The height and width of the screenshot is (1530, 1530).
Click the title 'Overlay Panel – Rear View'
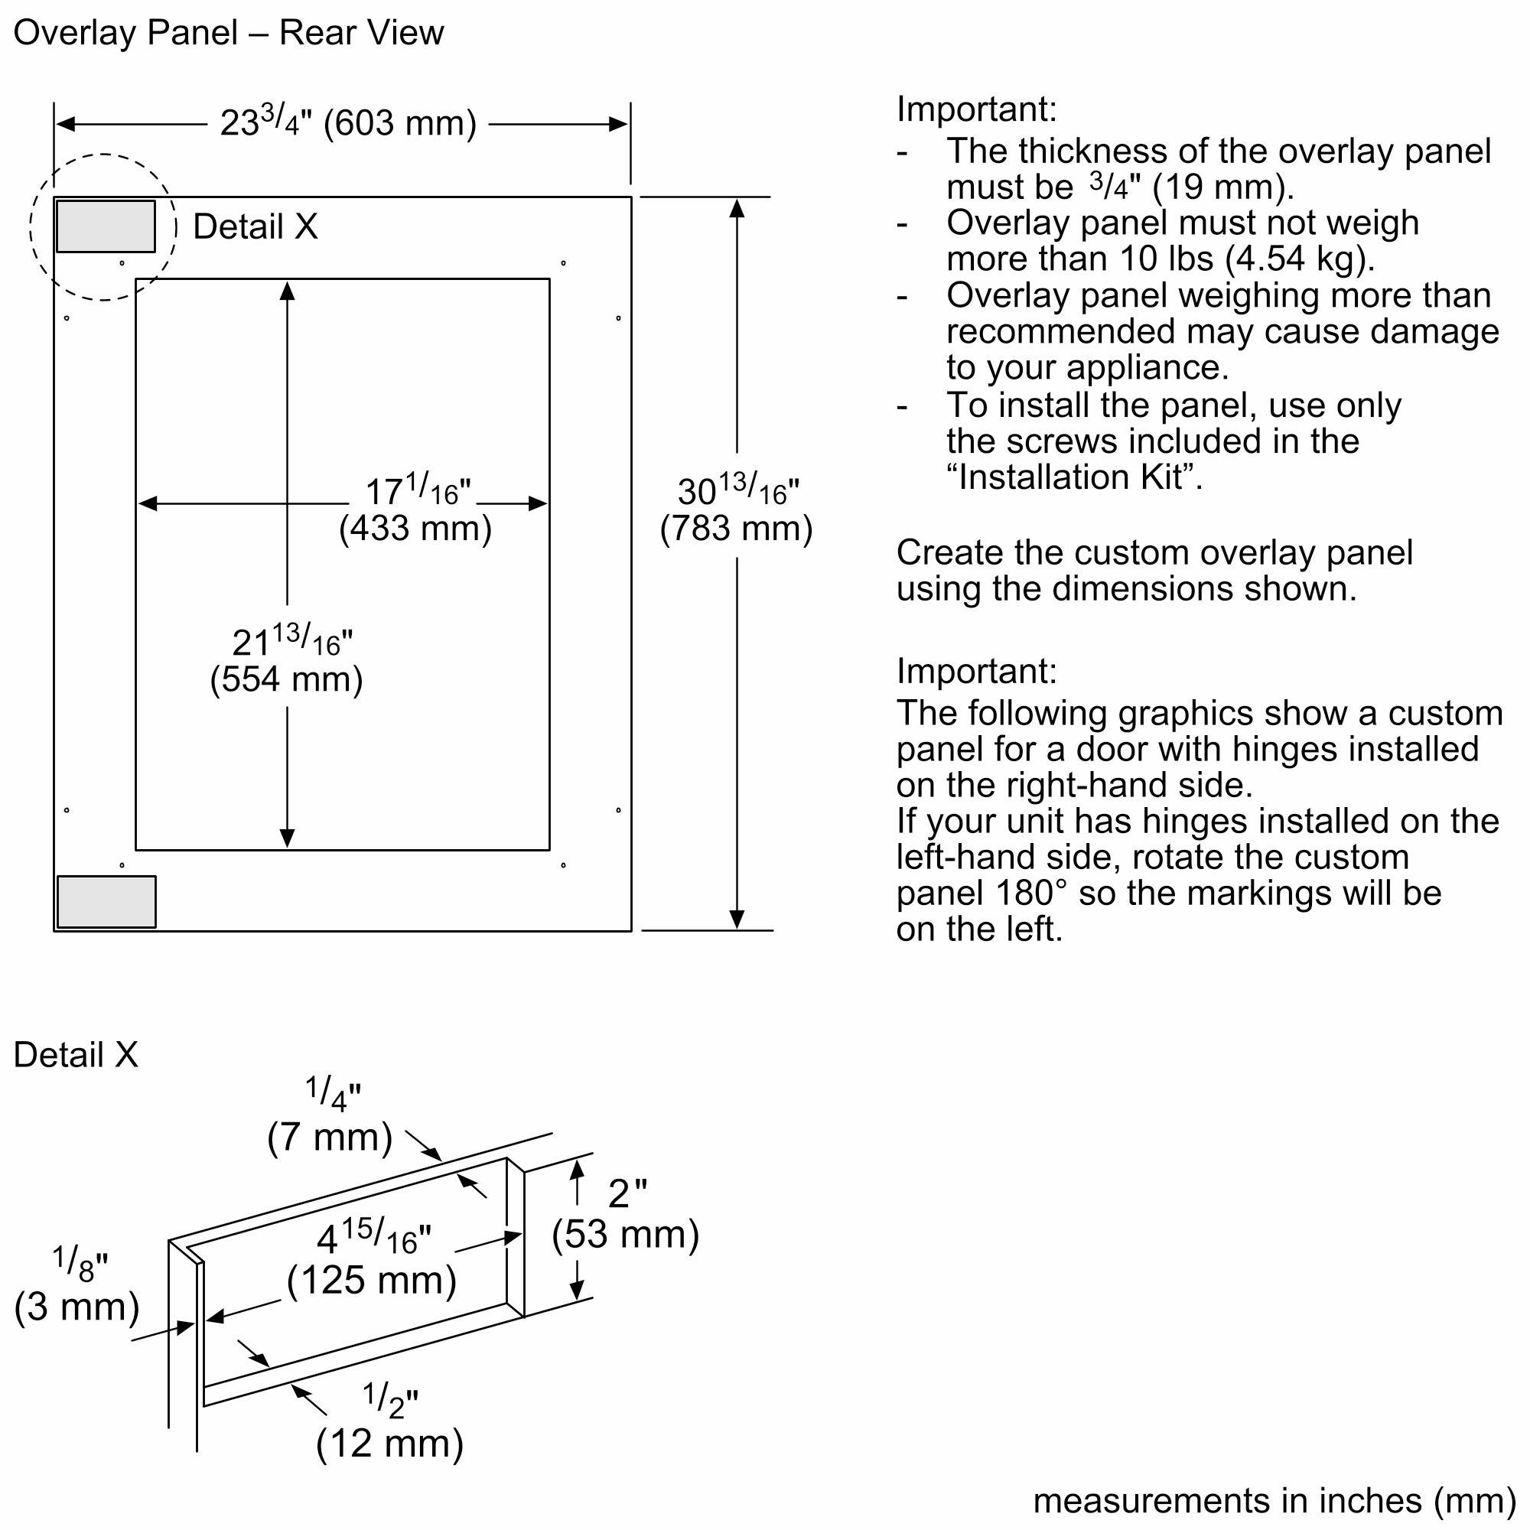(228, 33)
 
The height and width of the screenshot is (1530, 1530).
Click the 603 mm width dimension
(348, 123)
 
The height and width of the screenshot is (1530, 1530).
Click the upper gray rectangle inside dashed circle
(106, 226)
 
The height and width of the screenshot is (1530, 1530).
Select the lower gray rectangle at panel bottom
(106, 901)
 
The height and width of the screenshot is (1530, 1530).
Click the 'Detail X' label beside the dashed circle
(255, 227)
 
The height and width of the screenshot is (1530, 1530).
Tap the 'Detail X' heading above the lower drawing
(76, 1055)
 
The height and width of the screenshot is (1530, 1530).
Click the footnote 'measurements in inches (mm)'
(1274, 1501)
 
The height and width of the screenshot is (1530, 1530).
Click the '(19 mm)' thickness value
(1222, 187)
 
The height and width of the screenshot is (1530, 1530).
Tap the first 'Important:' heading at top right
(976, 109)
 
